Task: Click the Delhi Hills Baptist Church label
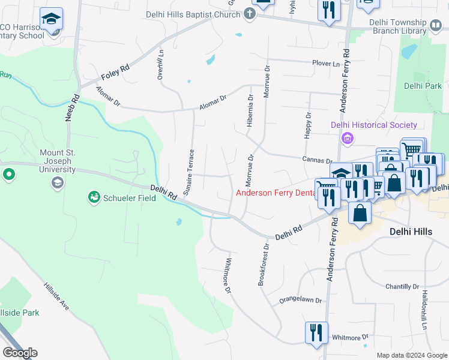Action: (193, 14)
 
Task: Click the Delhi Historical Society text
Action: (374, 125)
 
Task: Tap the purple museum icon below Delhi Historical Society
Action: (347, 139)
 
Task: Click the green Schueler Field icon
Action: (94, 197)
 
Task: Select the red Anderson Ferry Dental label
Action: (277, 193)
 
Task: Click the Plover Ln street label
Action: (325, 63)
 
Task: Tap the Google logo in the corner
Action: (20, 353)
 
